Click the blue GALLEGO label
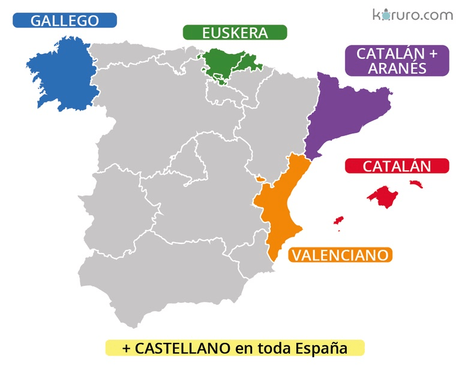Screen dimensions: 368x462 point(65,20)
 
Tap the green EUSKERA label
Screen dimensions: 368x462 point(235,32)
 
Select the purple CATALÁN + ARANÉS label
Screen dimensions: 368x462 point(397,61)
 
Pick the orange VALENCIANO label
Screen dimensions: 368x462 point(340,255)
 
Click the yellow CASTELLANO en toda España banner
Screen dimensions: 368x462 point(235,348)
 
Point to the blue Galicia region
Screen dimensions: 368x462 point(63,72)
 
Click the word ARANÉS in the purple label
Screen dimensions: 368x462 point(397,68)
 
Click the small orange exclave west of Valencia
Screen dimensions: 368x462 point(260,178)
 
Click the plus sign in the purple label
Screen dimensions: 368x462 point(434,53)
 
